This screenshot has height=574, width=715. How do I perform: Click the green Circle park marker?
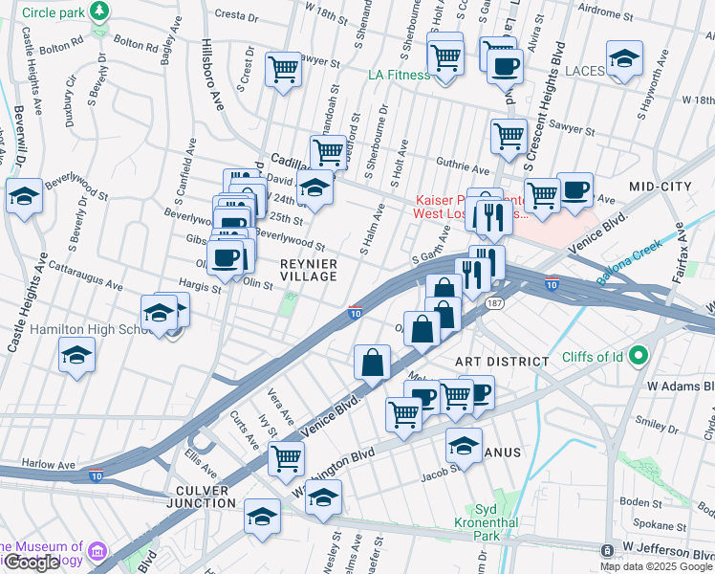98,11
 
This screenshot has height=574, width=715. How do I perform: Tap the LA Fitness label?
399,75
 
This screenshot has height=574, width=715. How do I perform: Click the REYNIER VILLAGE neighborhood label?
308,269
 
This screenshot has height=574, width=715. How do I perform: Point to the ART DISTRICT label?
502,362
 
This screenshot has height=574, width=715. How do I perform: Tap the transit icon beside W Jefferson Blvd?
607,550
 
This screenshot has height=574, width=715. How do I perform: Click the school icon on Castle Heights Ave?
23,196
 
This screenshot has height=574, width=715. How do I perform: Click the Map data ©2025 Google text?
656,566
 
